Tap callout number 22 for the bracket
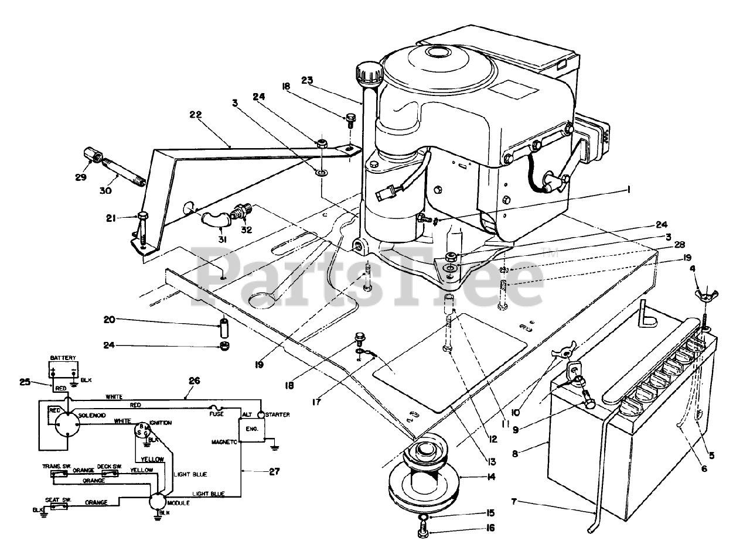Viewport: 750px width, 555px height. click(x=195, y=116)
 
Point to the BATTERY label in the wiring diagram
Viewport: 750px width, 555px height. click(x=62, y=357)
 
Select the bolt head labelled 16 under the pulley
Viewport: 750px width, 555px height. click(x=423, y=532)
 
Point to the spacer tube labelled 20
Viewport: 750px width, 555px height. click(x=223, y=324)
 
